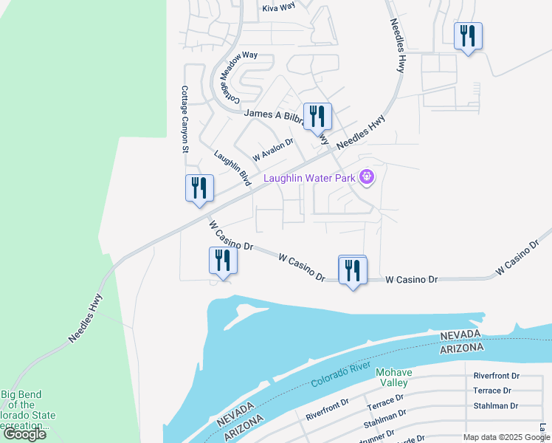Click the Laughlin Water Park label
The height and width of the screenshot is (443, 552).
pos(309,178)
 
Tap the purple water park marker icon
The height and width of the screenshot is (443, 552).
pos(367,177)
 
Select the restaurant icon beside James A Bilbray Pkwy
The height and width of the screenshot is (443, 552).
pos(317,116)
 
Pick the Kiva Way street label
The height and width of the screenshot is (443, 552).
pos(278,7)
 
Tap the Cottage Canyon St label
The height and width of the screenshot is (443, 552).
pos(185,119)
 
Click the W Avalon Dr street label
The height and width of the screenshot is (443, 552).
pos(273,150)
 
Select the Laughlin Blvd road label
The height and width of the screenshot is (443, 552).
pos(231,167)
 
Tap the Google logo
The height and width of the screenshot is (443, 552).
pos(24,434)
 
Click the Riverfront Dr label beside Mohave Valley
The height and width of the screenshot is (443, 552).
pos(497,376)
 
